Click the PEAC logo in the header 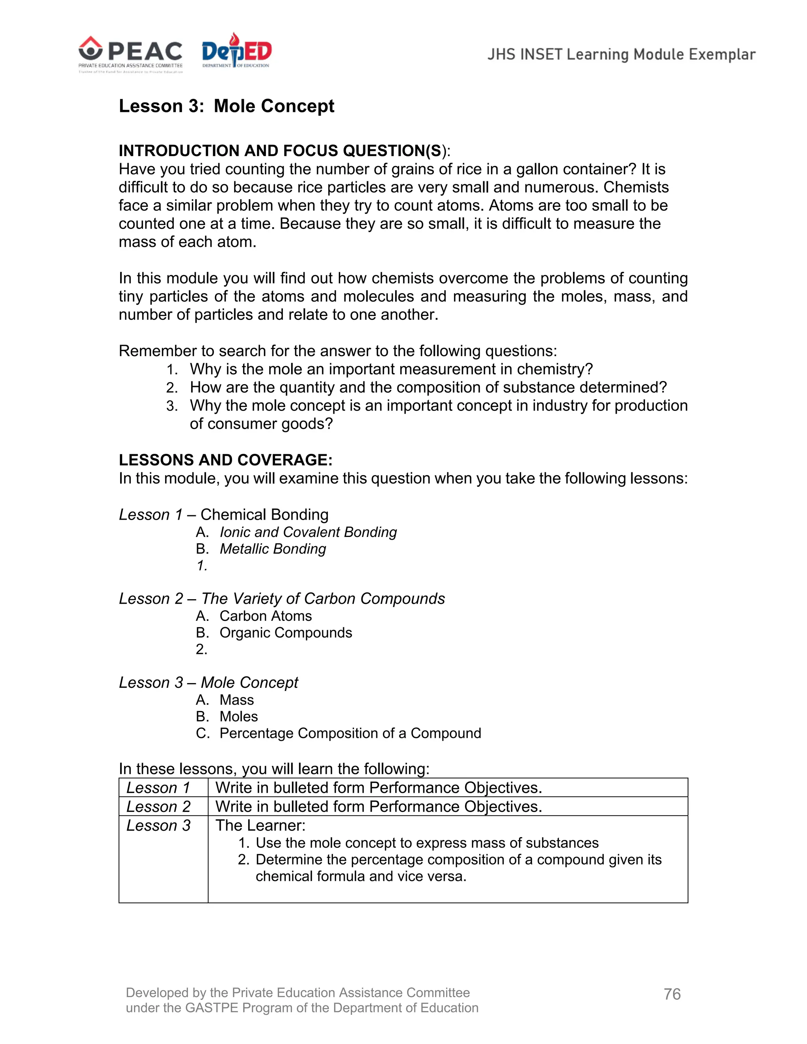130,52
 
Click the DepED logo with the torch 236,51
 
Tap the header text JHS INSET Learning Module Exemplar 621,54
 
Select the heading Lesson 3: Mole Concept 226,106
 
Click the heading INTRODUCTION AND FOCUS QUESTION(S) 284,150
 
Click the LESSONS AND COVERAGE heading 225,460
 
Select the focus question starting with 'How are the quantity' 428,387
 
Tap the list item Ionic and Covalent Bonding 308,532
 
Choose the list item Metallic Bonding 273,549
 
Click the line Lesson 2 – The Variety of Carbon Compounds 282,598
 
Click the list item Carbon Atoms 265,616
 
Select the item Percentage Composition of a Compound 350,733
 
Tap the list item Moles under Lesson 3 238,716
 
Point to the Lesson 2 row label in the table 158,806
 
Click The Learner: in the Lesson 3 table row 260,825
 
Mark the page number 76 672,994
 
